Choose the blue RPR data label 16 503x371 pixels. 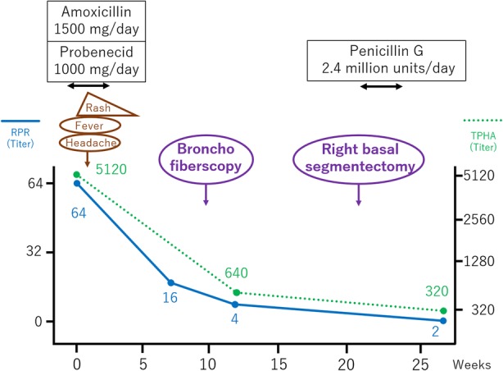pyautogui.click(x=170, y=299)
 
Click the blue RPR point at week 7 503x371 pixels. pyautogui.click(x=170, y=282)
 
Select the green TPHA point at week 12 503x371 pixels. pyautogui.click(x=237, y=292)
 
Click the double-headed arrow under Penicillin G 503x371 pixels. pyautogui.click(x=382, y=86)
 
